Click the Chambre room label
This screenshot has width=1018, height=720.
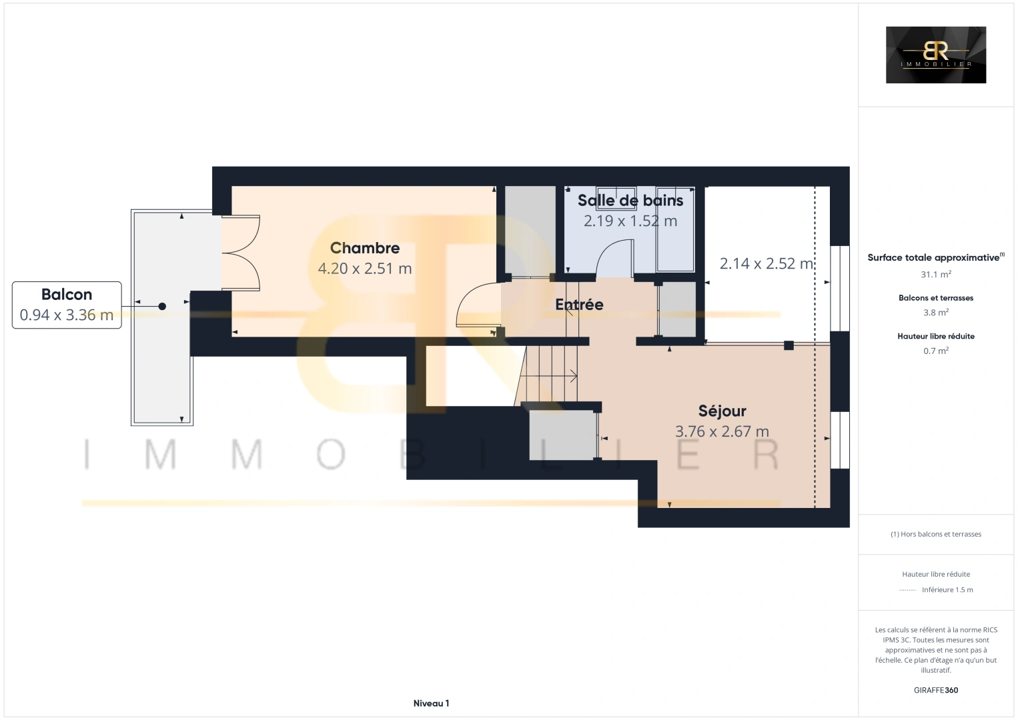click(x=364, y=248)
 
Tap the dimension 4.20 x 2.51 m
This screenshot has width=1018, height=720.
click(x=364, y=269)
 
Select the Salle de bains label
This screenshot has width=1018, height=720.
click(x=630, y=200)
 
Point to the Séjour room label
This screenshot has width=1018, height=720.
click(x=722, y=411)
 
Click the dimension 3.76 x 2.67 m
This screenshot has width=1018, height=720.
click(x=722, y=431)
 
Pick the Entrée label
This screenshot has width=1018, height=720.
click(x=580, y=305)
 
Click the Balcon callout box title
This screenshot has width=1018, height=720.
click(x=67, y=295)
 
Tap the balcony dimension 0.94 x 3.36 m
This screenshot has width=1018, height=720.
click(x=67, y=315)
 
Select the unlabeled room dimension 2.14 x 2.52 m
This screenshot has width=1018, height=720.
click(x=767, y=263)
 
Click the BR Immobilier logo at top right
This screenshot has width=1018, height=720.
click(x=936, y=55)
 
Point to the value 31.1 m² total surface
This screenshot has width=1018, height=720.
click(x=936, y=275)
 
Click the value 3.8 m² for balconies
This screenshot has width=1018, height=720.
click(x=936, y=313)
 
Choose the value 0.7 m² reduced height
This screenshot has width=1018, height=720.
click(x=936, y=351)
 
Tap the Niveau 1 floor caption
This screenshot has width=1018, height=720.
click(x=431, y=703)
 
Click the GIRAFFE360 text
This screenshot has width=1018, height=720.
click(x=936, y=690)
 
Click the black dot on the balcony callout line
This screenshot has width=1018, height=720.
click(x=162, y=307)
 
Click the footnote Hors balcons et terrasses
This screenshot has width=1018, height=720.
click(x=936, y=534)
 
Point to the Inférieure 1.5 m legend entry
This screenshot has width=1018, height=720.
click(x=947, y=589)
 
